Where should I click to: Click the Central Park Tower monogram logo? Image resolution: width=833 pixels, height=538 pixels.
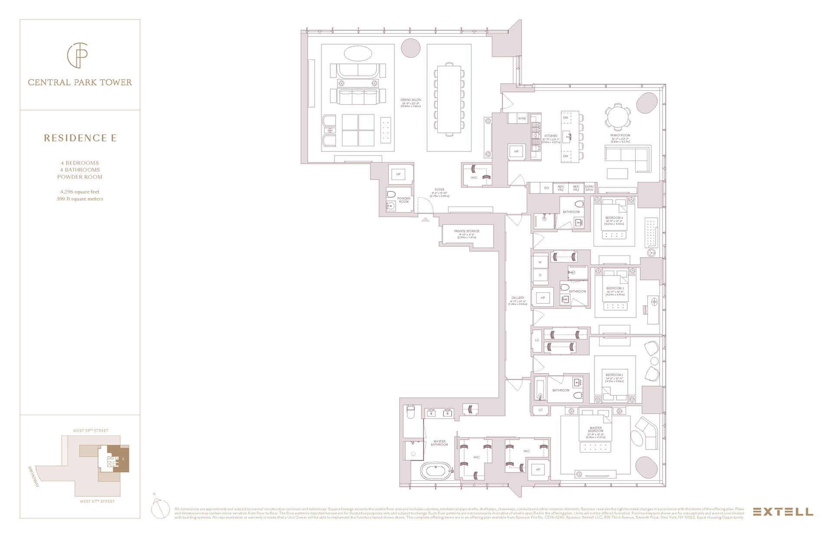pos(78,56)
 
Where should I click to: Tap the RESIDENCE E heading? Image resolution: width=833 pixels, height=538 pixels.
pos(80,138)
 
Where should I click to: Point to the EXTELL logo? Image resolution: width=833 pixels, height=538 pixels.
pos(783,512)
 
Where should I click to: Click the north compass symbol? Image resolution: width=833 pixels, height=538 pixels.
pos(160,508)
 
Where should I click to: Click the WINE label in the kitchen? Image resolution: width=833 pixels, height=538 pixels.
pos(522,118)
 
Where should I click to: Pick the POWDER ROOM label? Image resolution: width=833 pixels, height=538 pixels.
pos(403,200)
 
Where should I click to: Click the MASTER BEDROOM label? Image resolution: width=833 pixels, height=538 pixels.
pos(595,430)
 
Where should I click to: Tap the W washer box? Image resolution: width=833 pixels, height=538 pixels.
pos(540,262)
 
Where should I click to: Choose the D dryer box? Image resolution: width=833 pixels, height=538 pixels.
pos(540,275)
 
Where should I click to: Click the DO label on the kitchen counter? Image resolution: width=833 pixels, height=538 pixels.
pos(546,188)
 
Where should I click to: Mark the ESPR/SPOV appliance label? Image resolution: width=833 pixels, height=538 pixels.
pos(589,188)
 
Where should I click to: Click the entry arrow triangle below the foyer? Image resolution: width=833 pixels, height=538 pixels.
pos(426,220)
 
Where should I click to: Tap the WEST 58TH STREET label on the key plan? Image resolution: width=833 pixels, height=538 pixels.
pos(90,430)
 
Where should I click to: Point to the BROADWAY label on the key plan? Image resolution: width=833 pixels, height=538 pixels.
pos(34,476)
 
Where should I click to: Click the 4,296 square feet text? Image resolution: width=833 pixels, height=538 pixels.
pos(80,191)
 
